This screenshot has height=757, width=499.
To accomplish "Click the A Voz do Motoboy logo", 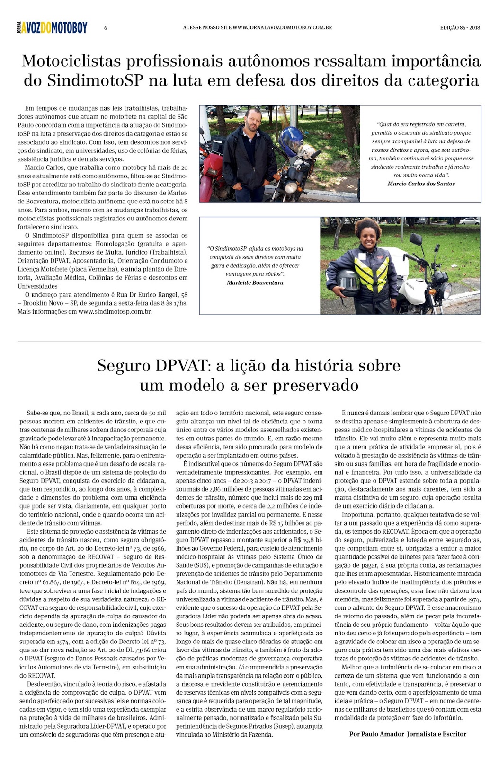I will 52,28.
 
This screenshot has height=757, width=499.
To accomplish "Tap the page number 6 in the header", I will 106,28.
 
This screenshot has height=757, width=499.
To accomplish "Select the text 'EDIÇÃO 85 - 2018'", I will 460,27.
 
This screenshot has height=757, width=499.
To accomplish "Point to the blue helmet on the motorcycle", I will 290,141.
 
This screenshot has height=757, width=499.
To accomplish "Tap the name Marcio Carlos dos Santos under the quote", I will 421,184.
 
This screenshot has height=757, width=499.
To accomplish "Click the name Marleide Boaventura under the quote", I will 255,282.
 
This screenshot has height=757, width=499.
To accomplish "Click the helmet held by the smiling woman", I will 349,282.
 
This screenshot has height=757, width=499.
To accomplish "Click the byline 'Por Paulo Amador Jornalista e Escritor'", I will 407,734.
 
